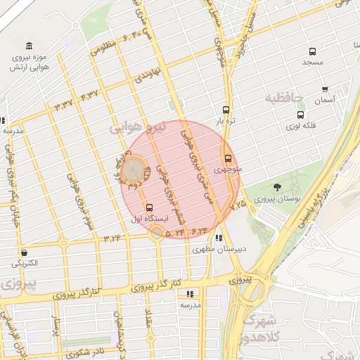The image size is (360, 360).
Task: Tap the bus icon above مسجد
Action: pos(312,51)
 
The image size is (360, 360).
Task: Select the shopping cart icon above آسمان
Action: pos(324,89)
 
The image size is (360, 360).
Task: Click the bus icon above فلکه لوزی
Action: pos(301,115)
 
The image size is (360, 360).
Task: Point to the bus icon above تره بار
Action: pos(226,110)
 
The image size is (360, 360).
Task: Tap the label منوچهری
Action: pos(227,169)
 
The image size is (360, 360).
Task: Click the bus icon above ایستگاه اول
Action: pos(148,207)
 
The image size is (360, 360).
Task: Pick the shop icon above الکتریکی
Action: pos(25,252)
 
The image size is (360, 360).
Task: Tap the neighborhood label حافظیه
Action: pos(288,97)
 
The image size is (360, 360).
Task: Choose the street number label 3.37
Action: pos(63,105)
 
